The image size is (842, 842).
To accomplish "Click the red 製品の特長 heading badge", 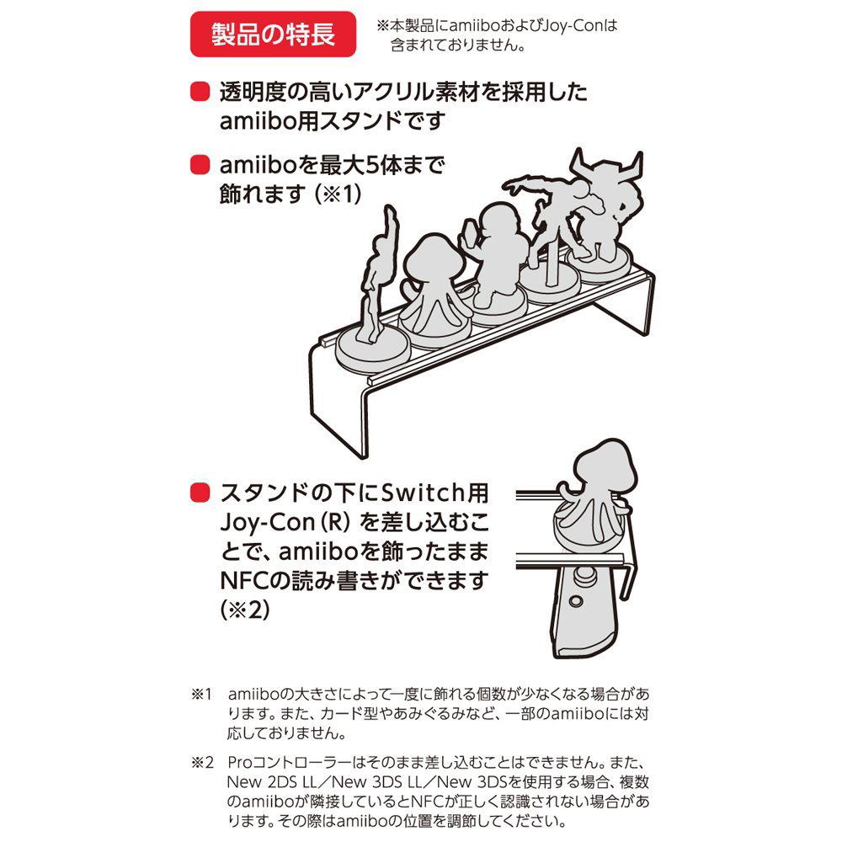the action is click(x=273, y=35).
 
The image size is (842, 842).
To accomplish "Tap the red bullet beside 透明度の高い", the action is click(x=200, y=92).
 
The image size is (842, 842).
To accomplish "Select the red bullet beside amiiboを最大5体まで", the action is click(x=200, y=164).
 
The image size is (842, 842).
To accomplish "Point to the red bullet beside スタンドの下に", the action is click(x=200, y=492).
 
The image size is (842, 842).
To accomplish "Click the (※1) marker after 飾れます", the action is click(x=338, y=195).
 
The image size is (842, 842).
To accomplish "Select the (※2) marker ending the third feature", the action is click(x=245, y=610).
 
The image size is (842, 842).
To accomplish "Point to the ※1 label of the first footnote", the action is click(x=202, y=695).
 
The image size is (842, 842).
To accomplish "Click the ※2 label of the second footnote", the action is click(x=202, y=763).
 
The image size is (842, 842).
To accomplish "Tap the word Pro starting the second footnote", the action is click(x=239, y=763).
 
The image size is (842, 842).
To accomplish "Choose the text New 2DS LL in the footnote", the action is click(x=272, y=782).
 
